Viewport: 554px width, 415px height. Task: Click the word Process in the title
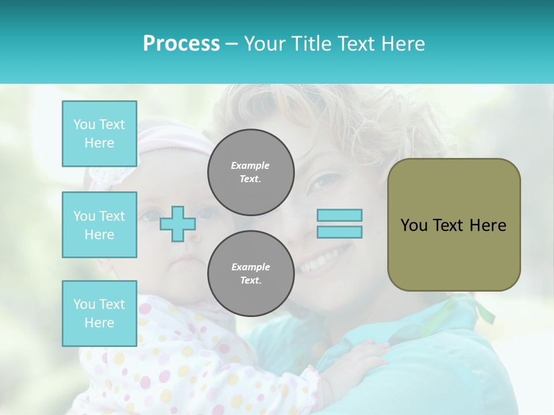[x=181, y=44]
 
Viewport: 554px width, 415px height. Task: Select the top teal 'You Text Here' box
[x=99, y=134]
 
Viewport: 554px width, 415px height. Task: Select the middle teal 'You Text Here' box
[x=99, y=225]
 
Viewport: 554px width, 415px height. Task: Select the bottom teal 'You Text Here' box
[x=99, y=314]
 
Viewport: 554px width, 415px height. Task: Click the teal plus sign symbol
[x=177, y=224]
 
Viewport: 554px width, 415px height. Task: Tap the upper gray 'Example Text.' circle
[x=251, y=172]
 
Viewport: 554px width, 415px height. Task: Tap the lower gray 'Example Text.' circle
[x=251, y=274]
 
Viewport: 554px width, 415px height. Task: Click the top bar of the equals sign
[x=340, y=216]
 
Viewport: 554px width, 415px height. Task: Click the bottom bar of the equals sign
[x=340, y=232]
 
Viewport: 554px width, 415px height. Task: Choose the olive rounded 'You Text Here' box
[x=454, y=225]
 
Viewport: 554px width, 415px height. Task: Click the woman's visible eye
[x=321, y=183]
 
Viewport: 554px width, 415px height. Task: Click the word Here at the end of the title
[x=402, y=44]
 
